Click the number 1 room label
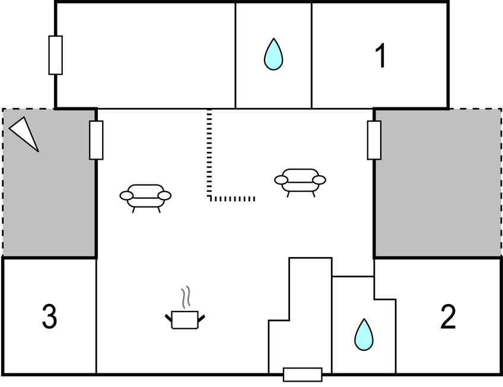tap(380, 56)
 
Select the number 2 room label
tap(448, 318)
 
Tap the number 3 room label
tap(50, 317)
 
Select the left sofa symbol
tap(145, 196)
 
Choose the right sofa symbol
tap(300, 180)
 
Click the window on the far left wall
tap(55, 55)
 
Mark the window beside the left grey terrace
tap(96, 140)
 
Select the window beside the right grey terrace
tap(374, 140)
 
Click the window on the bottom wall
tap(303, 375)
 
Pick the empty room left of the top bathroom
tap(145, 55)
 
